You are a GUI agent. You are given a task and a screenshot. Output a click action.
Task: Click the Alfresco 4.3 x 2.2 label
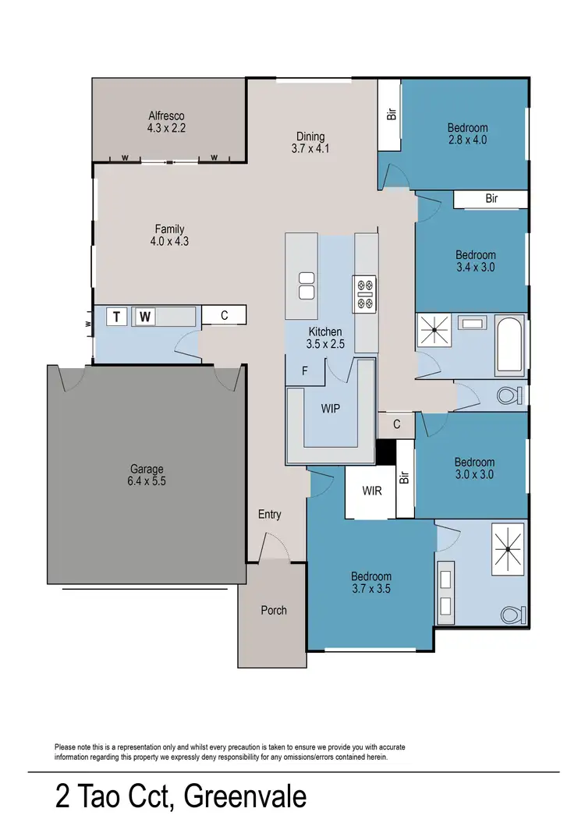pyautogui.click(x=166, y=121)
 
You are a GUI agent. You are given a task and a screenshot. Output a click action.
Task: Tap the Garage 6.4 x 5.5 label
pyautogui.click(x=147, y=475)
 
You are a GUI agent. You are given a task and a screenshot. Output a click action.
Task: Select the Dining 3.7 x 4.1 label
pyautogui.click(x=310, y=142)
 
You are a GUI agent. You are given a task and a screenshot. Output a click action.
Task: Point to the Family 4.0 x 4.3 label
pyautogui.click(x=169, y=235)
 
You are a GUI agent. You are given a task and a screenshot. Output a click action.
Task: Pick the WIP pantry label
pyautogui.click(x=330, y=408)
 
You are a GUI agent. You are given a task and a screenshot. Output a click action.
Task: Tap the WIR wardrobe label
pyautogui.click(x=371, y=491)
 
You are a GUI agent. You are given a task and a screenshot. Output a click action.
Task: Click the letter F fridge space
pyautogui.click(x=305, y=371)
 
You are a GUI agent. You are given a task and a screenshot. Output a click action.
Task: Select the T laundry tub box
pyautogui.click(x=117, y=317)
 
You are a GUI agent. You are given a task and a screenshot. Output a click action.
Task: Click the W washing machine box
pyautogui.click(x=145, y=317)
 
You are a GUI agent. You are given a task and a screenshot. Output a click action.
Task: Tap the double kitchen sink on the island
pyautogui.click(x=306, y=285)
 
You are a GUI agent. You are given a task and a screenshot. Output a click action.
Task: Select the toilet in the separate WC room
pyautogui.click(x=508, y=395)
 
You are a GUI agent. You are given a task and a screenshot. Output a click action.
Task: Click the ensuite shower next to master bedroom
pyautogui.click(x=507, y=550)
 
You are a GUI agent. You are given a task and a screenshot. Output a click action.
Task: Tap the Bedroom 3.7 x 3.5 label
pyautogui.click(x=370, y=583)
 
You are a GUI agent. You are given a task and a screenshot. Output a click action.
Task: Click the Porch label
pyautogui.click(x=274, y=610)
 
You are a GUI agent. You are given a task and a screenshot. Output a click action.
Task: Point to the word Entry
pyautogui.click(x=270, y=515)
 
